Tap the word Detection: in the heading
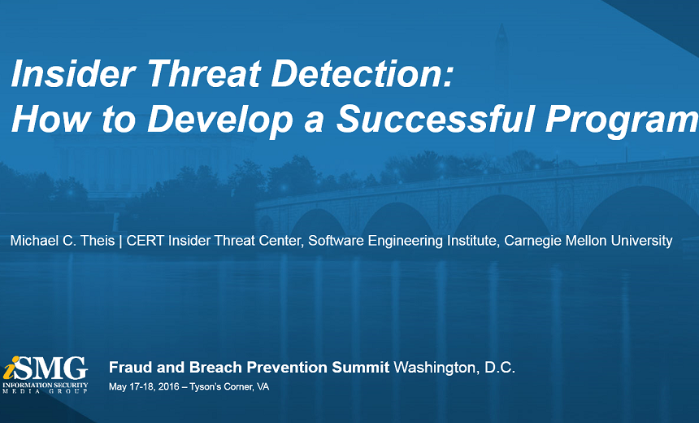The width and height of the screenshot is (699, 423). pos(362,73)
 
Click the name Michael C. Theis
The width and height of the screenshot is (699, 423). pos(63,241)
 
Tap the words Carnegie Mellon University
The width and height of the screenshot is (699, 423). pos(588,242)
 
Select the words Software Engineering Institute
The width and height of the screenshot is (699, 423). pos(402,242)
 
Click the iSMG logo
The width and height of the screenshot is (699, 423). pos(45,375)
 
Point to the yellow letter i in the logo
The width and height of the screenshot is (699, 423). pos(11,368)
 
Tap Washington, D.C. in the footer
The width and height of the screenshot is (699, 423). pos(454,368)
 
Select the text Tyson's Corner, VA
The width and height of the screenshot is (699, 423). pos(229,387)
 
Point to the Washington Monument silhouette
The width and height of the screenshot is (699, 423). pos(501,58)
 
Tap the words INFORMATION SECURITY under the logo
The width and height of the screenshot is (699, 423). pos(45,385)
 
